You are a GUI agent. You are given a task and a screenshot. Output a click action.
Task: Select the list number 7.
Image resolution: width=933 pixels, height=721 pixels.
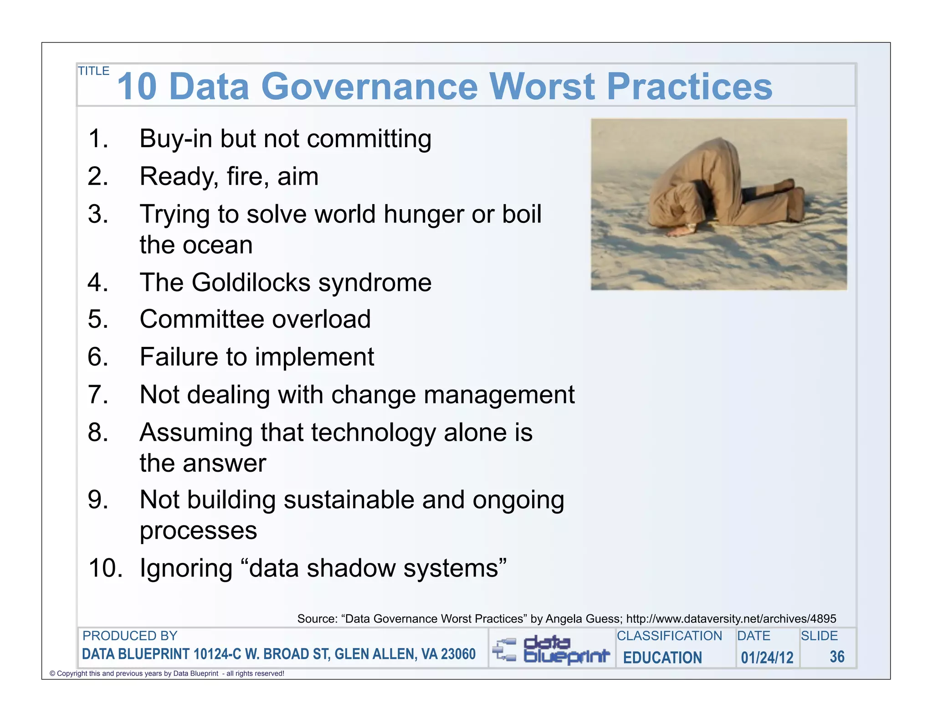pyautogui.click(x=97, y=395)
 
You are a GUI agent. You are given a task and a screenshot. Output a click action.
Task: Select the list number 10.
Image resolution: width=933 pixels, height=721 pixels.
pyautogui.click(x=105, y=568)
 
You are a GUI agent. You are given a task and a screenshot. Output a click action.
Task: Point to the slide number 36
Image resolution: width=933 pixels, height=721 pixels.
pyautogui.click(x=837, y=657)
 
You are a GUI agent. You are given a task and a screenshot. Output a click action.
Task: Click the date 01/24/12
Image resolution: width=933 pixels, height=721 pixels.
pyautogui.click(x=767, y=658)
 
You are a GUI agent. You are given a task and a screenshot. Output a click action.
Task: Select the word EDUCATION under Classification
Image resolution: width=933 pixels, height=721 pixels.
pyautogui.click(x=662, y=658)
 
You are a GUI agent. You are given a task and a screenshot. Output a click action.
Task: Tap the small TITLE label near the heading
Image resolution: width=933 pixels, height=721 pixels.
pyautogui.click(x=94, y=71)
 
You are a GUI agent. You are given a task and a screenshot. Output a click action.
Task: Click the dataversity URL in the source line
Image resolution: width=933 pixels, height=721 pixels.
pyautogui.click(x=731, y=618)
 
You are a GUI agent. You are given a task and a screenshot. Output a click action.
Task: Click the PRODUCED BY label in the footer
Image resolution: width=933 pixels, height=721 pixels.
pyautogui.click(x=130, y=636)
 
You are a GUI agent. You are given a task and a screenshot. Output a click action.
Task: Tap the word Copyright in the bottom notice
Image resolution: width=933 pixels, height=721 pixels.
pyautogui.click(x=72, y=674)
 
